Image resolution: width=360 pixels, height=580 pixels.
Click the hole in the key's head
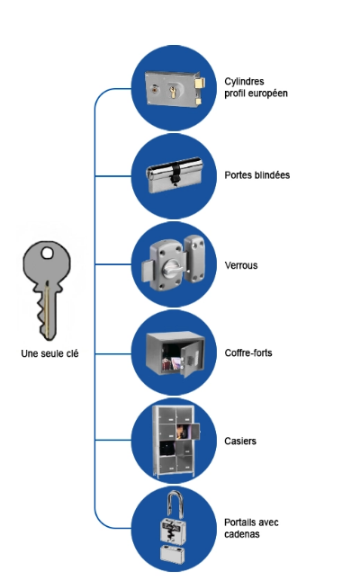coord(47,253)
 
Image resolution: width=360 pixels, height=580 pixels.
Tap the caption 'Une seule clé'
coord(49,353)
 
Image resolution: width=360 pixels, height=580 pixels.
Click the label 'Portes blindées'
coord(257,175)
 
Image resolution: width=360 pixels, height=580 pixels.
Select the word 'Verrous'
coord(241,265)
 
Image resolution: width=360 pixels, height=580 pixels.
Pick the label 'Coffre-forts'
coord(248,352)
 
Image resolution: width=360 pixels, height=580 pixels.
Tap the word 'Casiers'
coord(240,441)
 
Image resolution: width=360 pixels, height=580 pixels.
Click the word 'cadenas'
coord(242,534)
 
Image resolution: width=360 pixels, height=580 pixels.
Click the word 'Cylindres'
coord(244,81)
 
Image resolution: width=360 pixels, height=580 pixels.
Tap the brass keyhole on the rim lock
coord(172,91)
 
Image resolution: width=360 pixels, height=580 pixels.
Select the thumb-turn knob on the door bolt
coord(172,266)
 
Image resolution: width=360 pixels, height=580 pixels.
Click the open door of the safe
coord(190,358)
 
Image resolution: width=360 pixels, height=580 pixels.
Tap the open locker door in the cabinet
coord(194,432)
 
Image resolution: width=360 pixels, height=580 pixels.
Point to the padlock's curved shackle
coord(175,504)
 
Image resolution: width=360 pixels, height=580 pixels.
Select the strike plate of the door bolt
coord(195,258)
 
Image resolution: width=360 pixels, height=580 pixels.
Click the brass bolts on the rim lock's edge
coord(201,91)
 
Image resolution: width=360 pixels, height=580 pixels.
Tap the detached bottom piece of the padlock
coord(173,555)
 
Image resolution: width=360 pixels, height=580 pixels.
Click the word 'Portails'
coord(239,522)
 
